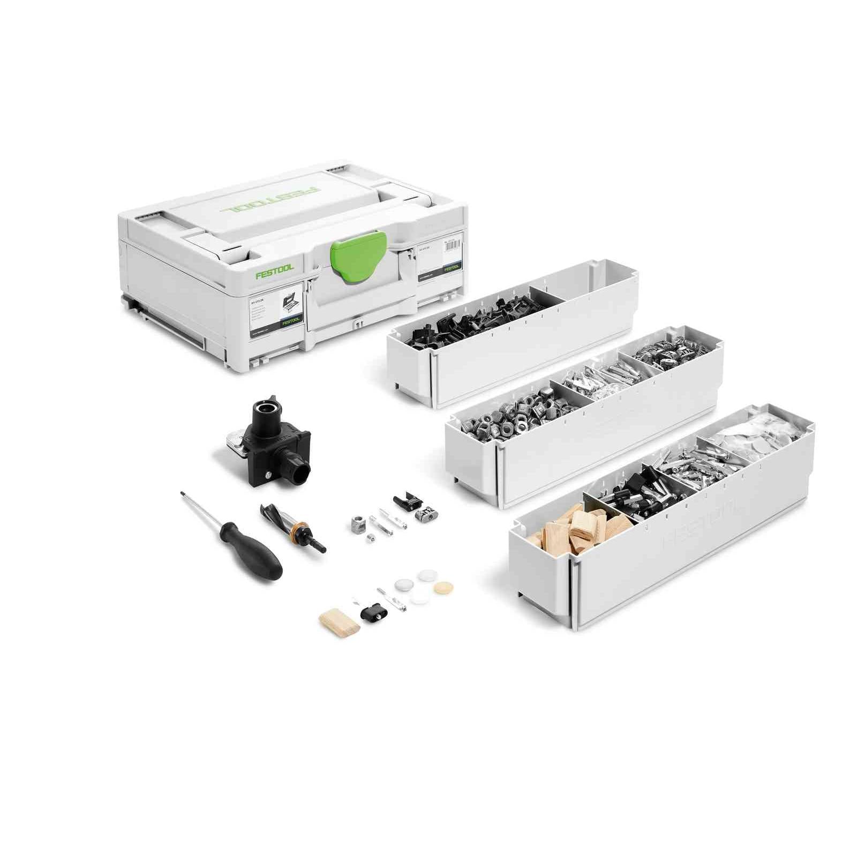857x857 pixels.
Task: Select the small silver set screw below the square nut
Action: (370, 538)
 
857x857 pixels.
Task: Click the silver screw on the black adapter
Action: (268, 473)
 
